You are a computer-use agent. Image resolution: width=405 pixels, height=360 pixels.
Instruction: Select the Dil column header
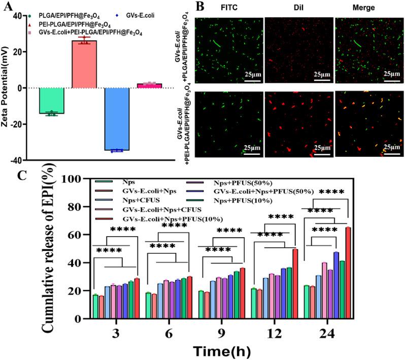point(298,8)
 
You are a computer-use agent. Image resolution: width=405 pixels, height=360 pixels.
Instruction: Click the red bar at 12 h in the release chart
point(295,284)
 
